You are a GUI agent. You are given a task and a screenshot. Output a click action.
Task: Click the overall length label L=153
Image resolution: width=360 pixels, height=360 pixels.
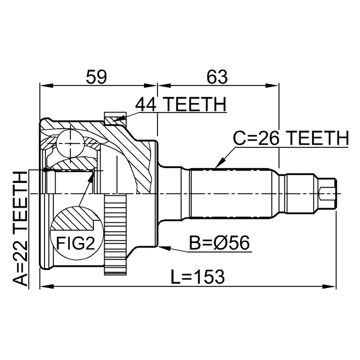click(x=197, y=276)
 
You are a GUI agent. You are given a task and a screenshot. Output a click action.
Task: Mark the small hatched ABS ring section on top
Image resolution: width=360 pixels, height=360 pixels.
click(x=114, y=118)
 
